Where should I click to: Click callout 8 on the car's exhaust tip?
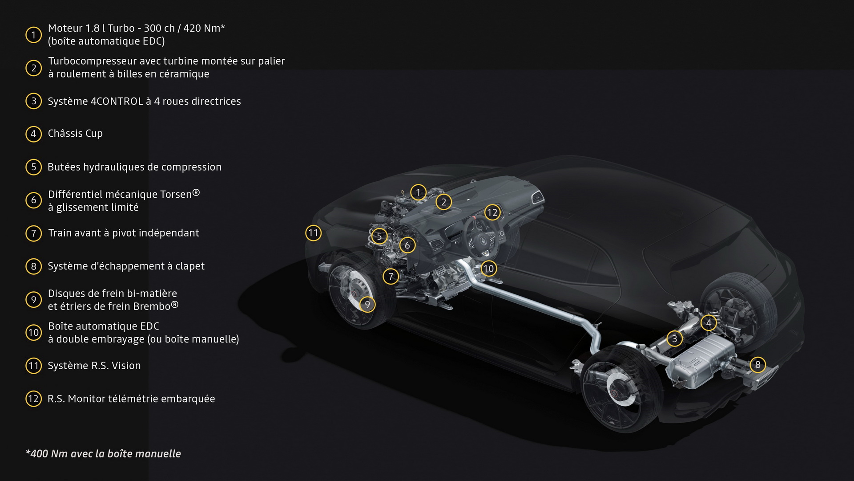point(757,365)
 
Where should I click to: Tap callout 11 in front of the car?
point(313,233)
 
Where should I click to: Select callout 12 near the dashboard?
point(492,212)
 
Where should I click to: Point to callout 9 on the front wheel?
point(367,305)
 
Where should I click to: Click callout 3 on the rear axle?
point(674,339)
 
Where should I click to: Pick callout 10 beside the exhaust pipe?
point(488,269)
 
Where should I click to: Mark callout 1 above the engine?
point(418,192)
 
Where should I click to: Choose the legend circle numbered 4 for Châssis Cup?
point(33,134)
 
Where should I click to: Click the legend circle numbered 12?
point(33,399)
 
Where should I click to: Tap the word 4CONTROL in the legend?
point(117,102)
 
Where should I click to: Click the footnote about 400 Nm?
point(103,454)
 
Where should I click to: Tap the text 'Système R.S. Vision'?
point(94,366)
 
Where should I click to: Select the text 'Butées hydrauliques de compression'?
point(134,167)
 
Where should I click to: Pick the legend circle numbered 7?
point(33,233)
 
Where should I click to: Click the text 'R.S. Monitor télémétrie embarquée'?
point(131,399)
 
